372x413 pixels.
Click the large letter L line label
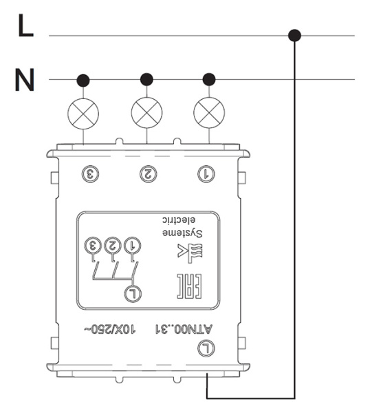[25, 25]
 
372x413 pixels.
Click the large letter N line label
[25, 80]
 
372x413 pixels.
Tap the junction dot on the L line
[294, 35]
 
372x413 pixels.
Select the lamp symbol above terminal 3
[83, 114]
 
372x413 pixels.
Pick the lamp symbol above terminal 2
[146, 113]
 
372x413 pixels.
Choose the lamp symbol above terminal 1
[209, 113]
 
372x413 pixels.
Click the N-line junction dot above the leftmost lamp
[83, 80]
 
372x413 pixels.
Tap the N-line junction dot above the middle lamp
[146, 79]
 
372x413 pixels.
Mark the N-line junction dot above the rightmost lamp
[209, 79]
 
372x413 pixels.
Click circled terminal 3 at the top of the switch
[90, 174]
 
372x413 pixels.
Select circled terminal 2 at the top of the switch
[148, 174]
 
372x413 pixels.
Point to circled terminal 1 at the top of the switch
[206, 174]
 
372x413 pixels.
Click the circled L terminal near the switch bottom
[206, 348]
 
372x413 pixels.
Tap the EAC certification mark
[189, 286]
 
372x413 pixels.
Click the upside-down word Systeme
[182, 233]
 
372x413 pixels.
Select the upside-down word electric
[179, 220]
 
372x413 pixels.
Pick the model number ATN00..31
[184, 330]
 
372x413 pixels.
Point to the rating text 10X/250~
[110, 330]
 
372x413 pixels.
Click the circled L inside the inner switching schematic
[133, 294]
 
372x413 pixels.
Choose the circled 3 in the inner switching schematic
[93, 246]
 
